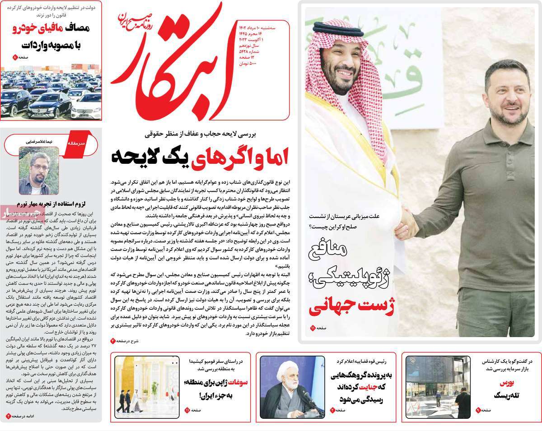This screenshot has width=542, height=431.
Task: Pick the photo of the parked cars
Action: pyautogui.click(x=51, y=95)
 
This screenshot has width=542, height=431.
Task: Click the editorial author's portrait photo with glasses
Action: pyautogui.click(x=38, y=170)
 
